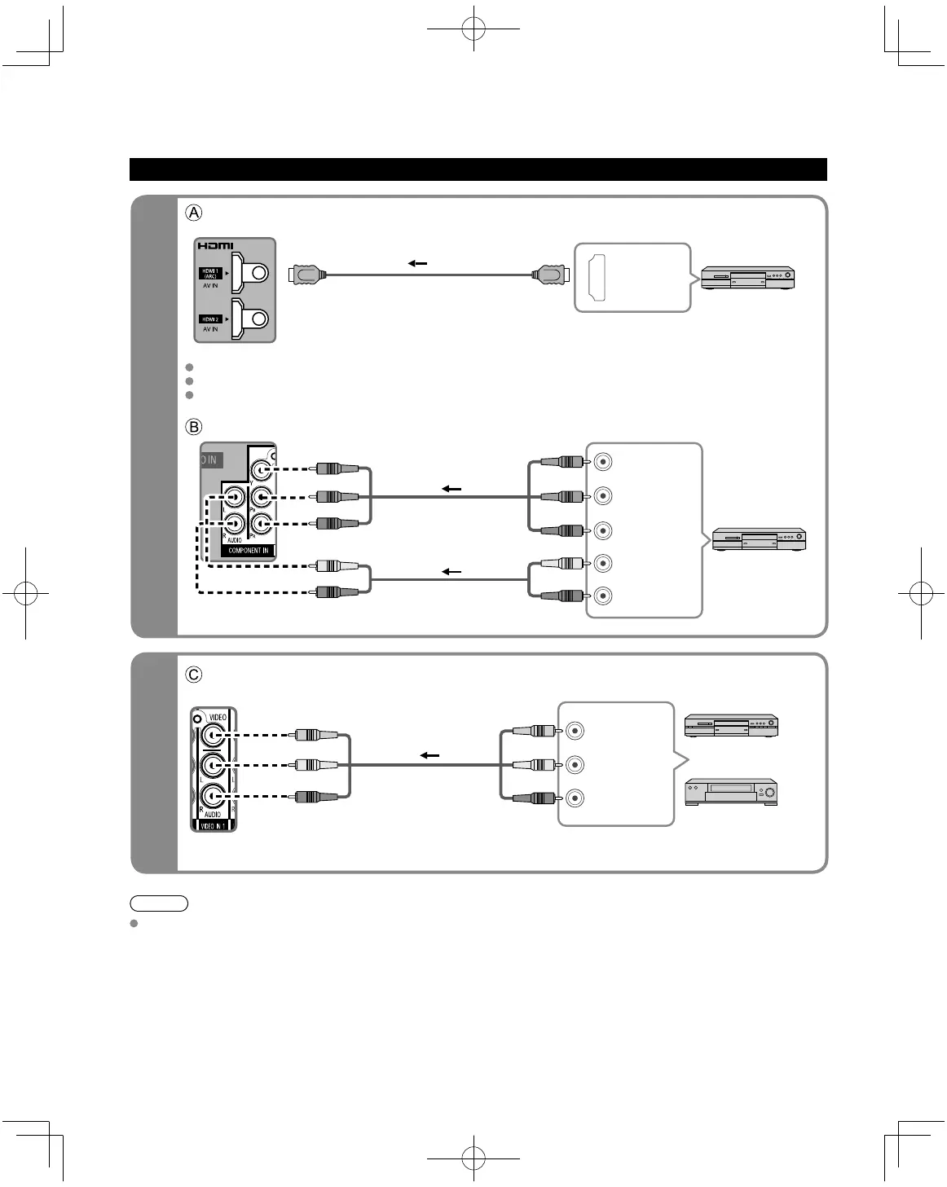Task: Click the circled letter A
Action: (x=193, y=213)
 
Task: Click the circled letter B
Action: (x=193, y=426)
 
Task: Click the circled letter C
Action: (x=193, y=675)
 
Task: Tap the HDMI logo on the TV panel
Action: (x=215, y=246)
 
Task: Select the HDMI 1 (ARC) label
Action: (x=210, y=274)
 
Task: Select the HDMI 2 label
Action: (x=210, y=319)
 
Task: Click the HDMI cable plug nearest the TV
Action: (x=309, y=275)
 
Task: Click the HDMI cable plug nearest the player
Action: (x=550, y=275)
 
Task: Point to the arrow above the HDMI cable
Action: (x=417, y=263)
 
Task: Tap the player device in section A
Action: (x=747, y=278)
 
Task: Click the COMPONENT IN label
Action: (x=248, y=551)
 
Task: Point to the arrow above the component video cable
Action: (x=451, y=489)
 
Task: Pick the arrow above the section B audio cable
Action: (x=451, y=572)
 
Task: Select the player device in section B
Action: (x=759, y=539)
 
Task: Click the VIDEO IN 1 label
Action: (x=213, y=825)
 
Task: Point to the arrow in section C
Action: (x=429, y=755)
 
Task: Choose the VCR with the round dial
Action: (x=730, y=792)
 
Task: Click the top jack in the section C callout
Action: (x=575, y=731)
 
